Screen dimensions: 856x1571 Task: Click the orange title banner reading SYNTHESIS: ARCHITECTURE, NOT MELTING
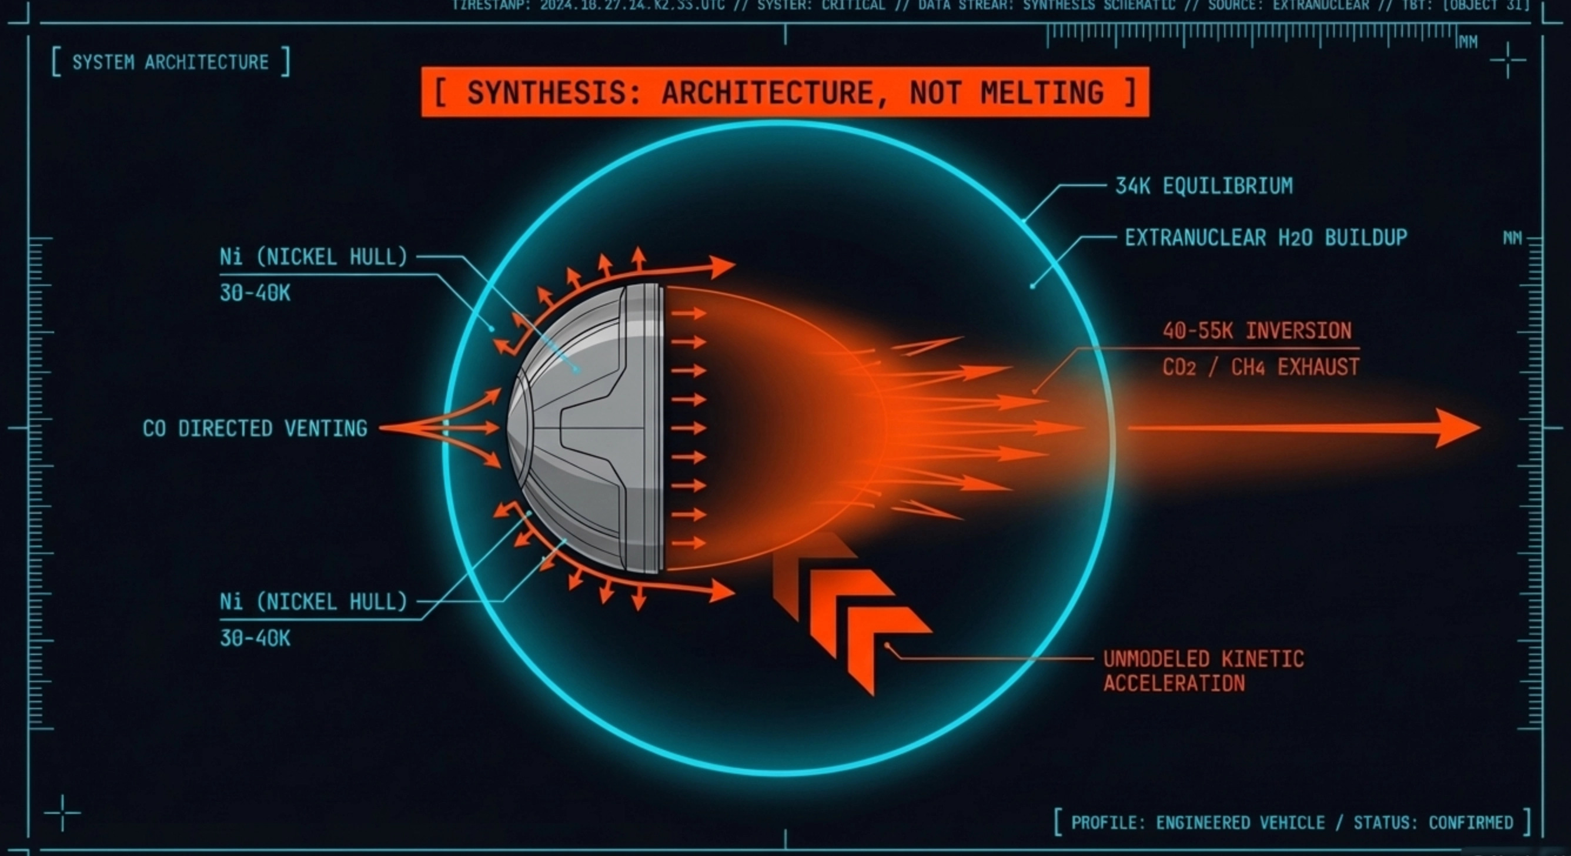(785, 92)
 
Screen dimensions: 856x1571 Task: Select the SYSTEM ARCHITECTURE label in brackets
(170, 62)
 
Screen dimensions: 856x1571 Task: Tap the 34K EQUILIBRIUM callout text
(1204, 186)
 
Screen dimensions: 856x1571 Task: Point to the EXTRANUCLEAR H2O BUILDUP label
(1265, 238)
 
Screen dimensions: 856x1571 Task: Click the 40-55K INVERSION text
(1257, 331)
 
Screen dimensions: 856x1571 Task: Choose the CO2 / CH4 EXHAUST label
(1261, 367)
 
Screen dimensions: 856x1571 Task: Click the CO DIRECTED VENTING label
(255, 429)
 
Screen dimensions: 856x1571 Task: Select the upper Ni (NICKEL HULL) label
(313, 258)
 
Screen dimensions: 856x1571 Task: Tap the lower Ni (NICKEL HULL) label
(313, 603)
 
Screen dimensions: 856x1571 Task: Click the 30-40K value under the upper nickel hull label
(255, 293)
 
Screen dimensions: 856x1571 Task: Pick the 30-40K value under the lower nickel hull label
(255, 638)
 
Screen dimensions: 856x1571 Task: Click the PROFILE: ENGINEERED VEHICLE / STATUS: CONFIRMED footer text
(1292, 822)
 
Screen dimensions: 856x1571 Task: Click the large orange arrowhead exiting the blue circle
(1458, 428)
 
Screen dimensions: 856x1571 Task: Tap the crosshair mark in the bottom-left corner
(62, 812)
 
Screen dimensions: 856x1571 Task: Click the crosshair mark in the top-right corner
(1508, 60)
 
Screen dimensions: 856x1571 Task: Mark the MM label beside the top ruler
(1468, 42)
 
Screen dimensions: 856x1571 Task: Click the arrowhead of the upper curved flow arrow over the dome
(723, 266)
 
